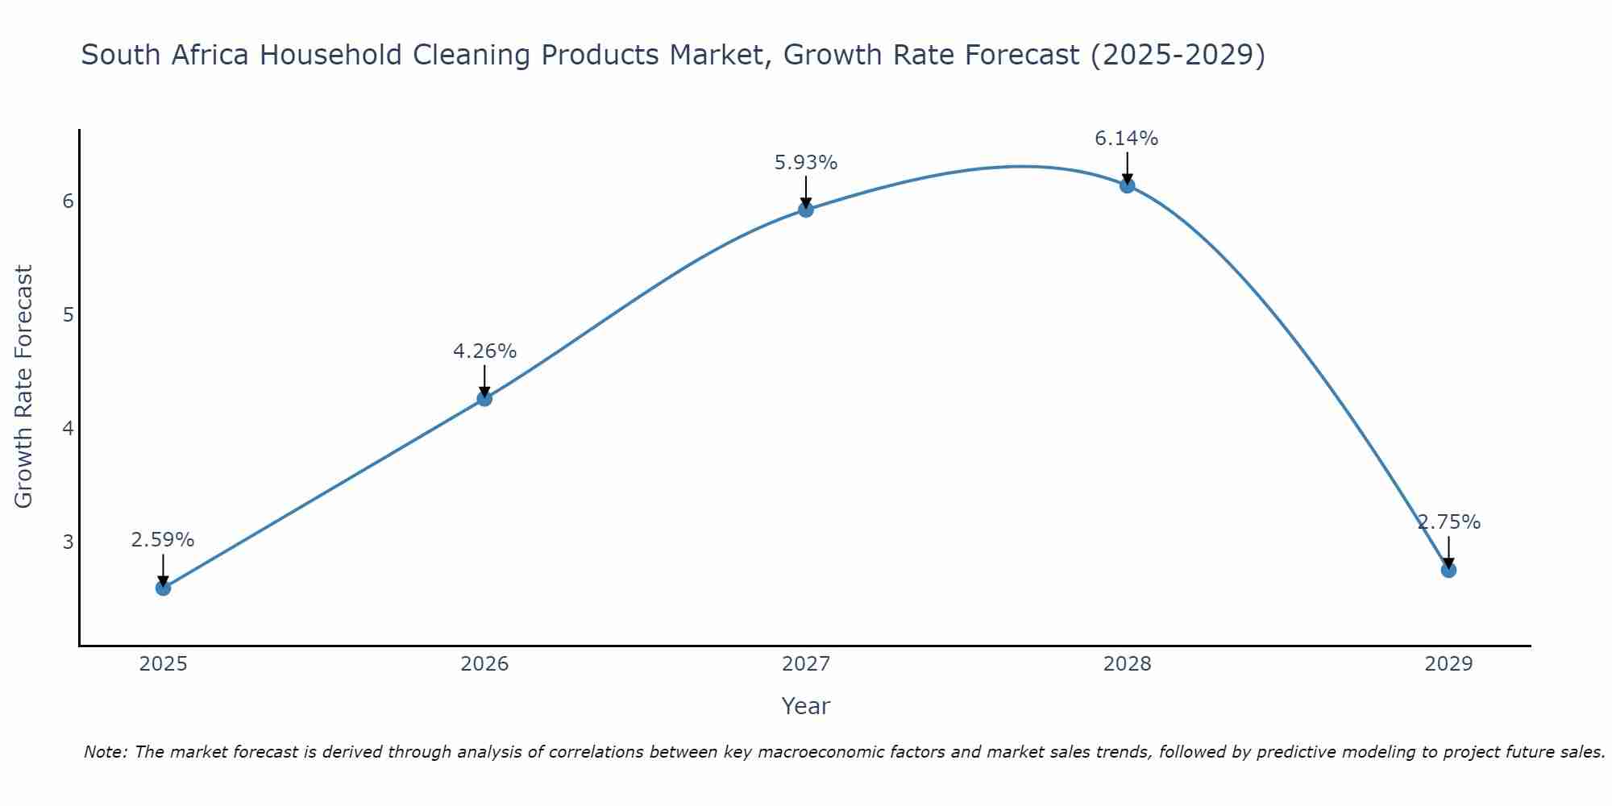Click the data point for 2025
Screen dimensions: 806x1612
(163, 588)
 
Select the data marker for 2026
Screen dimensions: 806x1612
(484, 398)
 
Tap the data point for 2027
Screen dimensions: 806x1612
(806, 210)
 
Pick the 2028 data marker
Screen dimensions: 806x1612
(1127, 185)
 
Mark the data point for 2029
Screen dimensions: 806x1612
(1448, 570)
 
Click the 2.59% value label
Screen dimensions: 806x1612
(163, 540)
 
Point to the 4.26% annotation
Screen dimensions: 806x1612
(484, 351)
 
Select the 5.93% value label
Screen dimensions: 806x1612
(806, 163)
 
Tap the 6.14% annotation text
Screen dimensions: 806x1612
(1126, 139)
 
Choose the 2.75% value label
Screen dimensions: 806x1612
(1448, 522)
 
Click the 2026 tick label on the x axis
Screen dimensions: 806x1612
(484, 664)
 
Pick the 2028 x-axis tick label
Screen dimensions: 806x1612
(1127, 664)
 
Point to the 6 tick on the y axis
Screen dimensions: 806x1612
(68, 201)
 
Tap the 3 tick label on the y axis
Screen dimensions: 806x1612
(68, 542)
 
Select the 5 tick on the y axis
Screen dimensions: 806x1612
(68, 314)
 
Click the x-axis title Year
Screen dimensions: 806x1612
(805, 706)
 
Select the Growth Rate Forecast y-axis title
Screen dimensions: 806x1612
(24, 387)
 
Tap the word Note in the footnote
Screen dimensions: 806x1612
(105, 752)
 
